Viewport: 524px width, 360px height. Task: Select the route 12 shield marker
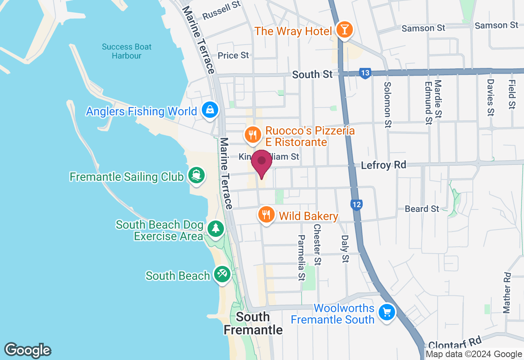tap(357, 204)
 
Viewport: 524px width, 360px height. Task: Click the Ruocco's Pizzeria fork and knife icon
tap(253, 134)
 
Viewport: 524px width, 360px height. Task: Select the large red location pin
tap(261, 163)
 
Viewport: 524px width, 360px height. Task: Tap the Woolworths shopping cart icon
tap(386, 313)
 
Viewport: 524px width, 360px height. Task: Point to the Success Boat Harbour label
tap(126, 51)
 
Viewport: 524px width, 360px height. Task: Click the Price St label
tap(233, 55)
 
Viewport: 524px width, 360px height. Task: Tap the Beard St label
tap(422, 209)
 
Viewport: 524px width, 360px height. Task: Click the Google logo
tap(28, 350)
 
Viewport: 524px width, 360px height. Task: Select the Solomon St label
tap(387, 105)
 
